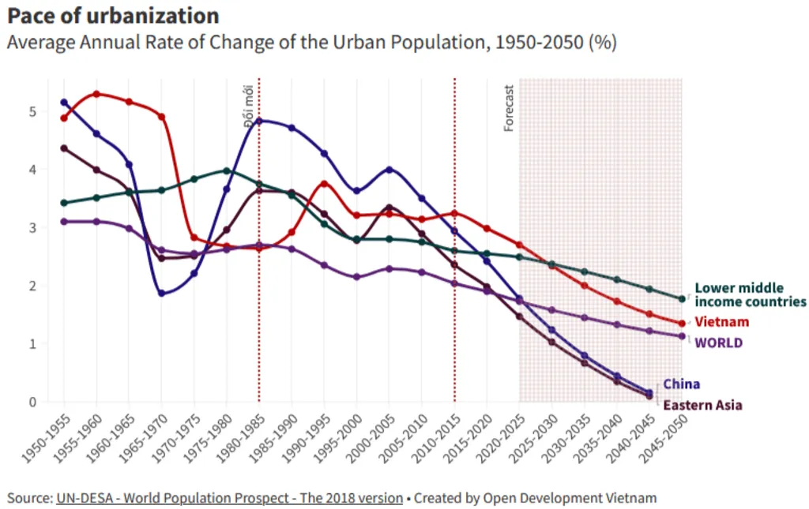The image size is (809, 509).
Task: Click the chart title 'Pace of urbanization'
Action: click(x=113, y=15)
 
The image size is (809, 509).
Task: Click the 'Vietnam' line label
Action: click(x=721, y=322)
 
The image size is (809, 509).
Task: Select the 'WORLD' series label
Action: click(x=718, y=342)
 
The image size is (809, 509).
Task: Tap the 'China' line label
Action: click(x=681, y=384)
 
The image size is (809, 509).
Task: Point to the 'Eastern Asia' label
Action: click(x=702, y=405)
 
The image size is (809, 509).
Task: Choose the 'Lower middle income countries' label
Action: click(x=750, y=295)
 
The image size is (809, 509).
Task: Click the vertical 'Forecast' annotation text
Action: click(x=509, y=107)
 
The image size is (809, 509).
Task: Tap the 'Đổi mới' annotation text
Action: click(x=248, y=104)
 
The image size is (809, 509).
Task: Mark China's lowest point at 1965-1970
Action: click(x=161, y=293)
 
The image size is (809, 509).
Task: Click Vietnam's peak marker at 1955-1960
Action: click(x=96, y=94)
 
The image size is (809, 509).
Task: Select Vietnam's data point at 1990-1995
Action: click(x=324, y=184)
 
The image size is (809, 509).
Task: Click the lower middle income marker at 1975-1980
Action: click(x=227, y=170)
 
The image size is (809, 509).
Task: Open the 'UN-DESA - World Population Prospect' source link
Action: click(x=228, y=498)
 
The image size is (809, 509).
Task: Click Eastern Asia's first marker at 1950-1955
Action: click(x=64, y=148)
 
